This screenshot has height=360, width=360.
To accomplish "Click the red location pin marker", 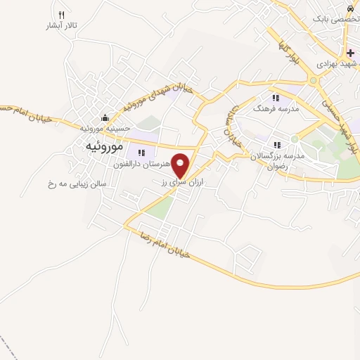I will pyautogui.click(x=182, y=165).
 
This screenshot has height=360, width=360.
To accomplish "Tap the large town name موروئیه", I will pyautogui.click(x=103, y=147).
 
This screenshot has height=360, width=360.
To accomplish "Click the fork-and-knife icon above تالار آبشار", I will pyautogui.click(x=62, y=15).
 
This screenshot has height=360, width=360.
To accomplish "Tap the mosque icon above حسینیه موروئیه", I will pyautogui.click(x=105, y=117).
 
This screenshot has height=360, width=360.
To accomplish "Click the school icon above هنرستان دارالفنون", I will pyautogui.click(x=141, y=153).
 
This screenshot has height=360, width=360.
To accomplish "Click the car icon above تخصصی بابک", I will pyautogui.click(x=349, y=7).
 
